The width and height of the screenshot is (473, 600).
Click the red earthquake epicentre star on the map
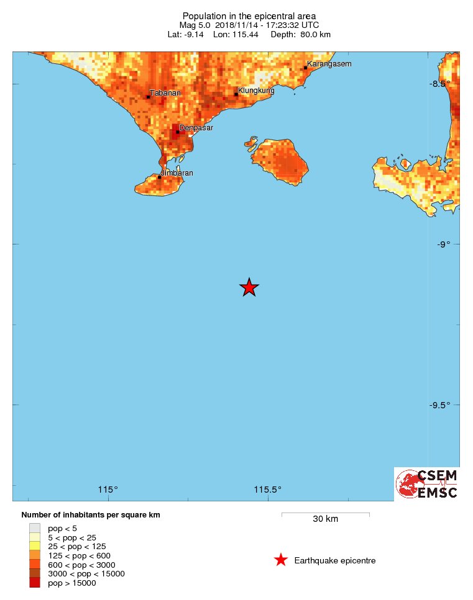249,287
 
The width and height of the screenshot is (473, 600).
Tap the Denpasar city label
196,128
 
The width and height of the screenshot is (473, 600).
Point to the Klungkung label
257,91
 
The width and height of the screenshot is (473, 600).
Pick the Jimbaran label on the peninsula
177,173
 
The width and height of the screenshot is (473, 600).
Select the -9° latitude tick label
442,245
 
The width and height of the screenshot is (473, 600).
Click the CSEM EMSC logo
427,484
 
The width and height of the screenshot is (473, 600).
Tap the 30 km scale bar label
325,519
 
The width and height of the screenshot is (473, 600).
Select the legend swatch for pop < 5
34,528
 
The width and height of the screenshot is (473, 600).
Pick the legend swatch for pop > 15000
34,583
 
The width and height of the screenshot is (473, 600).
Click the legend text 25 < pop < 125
73,546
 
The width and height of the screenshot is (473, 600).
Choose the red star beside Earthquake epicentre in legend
281,560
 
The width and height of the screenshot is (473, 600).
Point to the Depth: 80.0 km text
300,35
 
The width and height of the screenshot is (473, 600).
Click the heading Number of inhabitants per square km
94,515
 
